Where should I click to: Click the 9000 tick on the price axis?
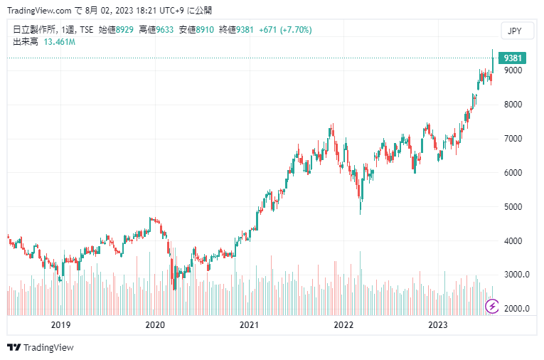(513, 70)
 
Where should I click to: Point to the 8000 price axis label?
(513, 105)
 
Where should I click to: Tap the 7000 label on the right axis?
(513, 139)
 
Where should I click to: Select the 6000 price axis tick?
(513, 173)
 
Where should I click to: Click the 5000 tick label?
(513, 207)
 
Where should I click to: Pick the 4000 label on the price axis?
(513, 241)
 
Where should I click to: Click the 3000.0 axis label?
(516, 275)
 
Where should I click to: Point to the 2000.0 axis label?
(516, 309)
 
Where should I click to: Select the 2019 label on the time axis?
(60, 325)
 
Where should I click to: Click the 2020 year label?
(155, 325)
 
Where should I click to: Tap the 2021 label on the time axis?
(249, 325)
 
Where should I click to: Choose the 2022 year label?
(344, 325)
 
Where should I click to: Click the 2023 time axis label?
(439, 325)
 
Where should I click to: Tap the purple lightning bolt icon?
(492, 307)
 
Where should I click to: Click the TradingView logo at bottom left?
(41, 348)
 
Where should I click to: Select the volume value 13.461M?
(60, 42)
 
